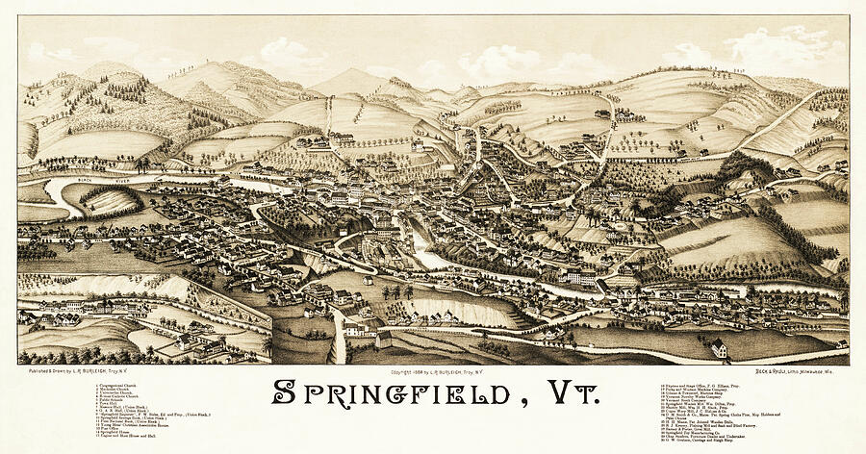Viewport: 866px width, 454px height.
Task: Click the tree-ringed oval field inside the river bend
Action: (108, 199)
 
